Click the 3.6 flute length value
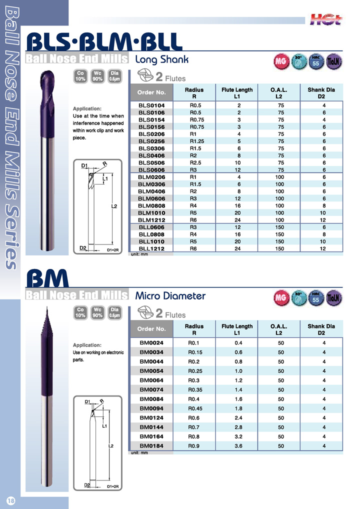(239, 445)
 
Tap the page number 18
(11, 500)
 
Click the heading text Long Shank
(162, 60)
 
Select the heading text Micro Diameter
(170, 296)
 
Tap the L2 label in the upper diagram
(114, 206)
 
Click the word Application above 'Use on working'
(86, 345)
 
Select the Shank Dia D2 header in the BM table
(324, 329)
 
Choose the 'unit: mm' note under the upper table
(139, 254)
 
